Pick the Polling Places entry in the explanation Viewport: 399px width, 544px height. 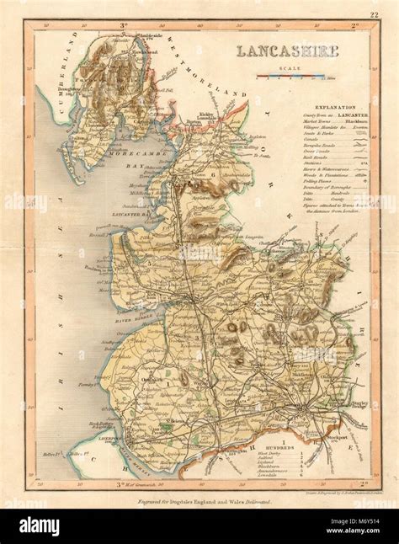pos(319,179)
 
